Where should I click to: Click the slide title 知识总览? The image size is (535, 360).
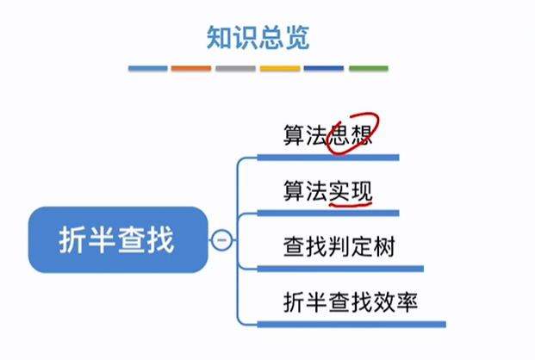[x=258, y=37]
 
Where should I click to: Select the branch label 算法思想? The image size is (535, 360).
[x=327, y=135]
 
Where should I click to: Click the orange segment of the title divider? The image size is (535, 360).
[x=191, y=68]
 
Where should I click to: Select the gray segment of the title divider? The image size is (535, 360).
[x=235, y=68]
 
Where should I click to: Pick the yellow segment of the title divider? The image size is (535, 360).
[x=279, y=68]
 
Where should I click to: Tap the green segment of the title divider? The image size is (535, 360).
[x=367, y=68]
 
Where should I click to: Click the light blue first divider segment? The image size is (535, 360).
[x=147, y=68]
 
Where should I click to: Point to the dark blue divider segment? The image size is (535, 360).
[x=323, y=68]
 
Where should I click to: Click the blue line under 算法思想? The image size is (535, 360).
[x=336, y=158]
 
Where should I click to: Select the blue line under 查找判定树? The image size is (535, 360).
[x=345, y=269]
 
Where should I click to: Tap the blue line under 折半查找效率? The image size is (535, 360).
[x=362, y=325]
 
